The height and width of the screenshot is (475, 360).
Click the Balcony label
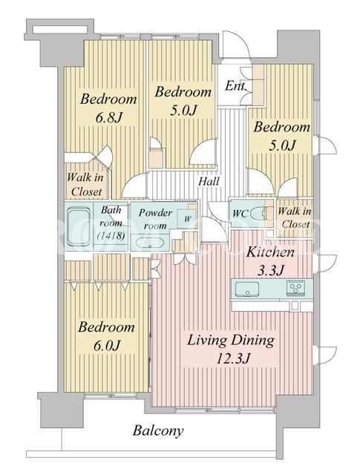[158, 430]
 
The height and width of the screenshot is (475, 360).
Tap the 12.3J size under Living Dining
[233, 358]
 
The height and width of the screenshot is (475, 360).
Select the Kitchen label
[270, 252]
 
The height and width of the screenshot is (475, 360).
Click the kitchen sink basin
[247, 289]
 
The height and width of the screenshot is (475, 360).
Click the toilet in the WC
[258, 213]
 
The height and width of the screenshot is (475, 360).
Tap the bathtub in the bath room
[79, 226]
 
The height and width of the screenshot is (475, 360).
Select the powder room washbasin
[150, 243]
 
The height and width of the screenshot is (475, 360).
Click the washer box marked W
[187, 218]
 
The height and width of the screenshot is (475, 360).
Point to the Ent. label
[235, 86]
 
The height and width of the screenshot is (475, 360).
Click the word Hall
[209, 182]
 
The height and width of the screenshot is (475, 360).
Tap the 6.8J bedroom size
[108, 117]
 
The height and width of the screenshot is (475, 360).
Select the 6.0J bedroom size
[107, 345]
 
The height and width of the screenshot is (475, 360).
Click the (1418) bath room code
[111, 235]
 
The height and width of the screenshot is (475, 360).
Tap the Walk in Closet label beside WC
[295, 217]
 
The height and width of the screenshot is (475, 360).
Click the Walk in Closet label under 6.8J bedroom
[85, 185]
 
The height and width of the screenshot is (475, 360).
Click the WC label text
[240, 214]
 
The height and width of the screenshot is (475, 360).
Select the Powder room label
[155, 219]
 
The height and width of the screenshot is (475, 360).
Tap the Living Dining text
[231, 341]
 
